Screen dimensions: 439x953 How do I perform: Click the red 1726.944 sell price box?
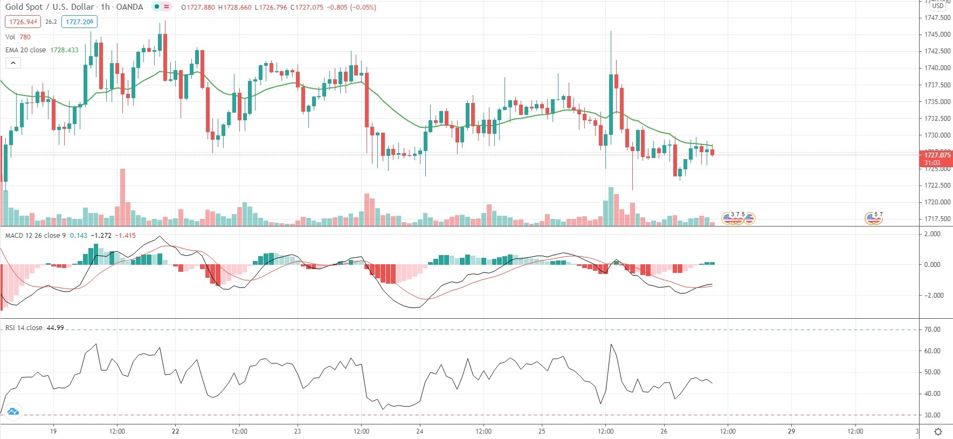pyautogui.click(x=23, y=22)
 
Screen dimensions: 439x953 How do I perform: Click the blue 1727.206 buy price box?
pyautogui.click(x=79, y=22)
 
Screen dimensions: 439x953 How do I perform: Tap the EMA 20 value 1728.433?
pyautogui.click(x=64, y=50)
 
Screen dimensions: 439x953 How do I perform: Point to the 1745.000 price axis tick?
pyautogui.click(x=937, y=35)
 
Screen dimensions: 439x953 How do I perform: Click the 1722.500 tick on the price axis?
pyautogui.click(x=937, y=186)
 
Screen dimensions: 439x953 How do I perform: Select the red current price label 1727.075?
pyautogui.click(x=937, y=155)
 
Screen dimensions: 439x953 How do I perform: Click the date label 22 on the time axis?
pyautogui.click(x=175, y=431)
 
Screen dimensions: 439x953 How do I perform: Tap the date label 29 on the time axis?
pyautogui.click(x=791, y=431)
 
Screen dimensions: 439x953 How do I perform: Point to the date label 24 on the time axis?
pyautogui.click(x=420, y=431)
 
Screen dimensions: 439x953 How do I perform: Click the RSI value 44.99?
pyautogui.click(x=55, y=328)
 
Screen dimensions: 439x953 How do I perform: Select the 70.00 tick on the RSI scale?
pyautogui.click(x=932, y=330)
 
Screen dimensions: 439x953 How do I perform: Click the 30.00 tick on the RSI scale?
pyautogui.click(x=932, y=415)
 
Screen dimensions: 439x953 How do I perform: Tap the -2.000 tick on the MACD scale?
pyautogui.click(x=932, y=296)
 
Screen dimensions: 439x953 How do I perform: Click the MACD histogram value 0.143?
pyautogui.click(x=79, y=236)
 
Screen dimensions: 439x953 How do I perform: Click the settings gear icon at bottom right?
pyautogui.click(x=938, y=432)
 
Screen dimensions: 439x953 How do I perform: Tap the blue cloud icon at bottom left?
pyautogui.click(x=13, y=412)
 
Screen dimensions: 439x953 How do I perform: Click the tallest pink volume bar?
pyautogui.click(x=123, y=197)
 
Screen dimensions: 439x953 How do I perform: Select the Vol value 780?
pyautogui.click(x=25, y=37)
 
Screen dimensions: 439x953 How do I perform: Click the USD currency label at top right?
pyautogui.click(x=938, y=6)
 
